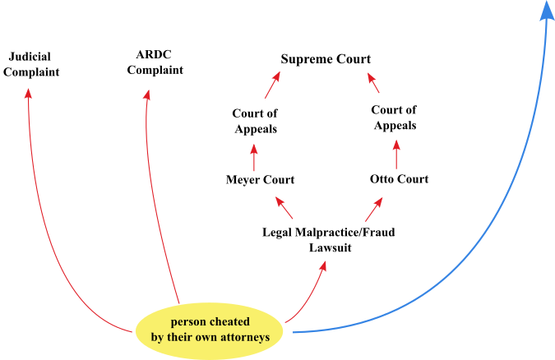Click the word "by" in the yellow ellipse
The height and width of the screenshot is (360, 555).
click(158, 337)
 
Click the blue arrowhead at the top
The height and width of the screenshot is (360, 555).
click(547, 11)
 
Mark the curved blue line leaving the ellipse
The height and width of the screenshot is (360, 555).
click(460, 271)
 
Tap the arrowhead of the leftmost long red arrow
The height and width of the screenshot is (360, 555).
click(29, 94)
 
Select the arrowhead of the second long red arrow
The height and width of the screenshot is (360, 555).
click(147, 95)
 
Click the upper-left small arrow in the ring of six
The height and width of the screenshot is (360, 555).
click(272, 85)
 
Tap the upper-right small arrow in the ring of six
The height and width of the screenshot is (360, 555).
click(373, 83)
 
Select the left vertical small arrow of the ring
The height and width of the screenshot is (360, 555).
click(254, 157)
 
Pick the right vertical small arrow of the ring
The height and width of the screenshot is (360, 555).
click(396, 154)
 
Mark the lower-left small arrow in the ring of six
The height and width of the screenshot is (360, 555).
click(284, 207)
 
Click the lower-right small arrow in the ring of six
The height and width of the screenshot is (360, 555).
click(374, 209)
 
